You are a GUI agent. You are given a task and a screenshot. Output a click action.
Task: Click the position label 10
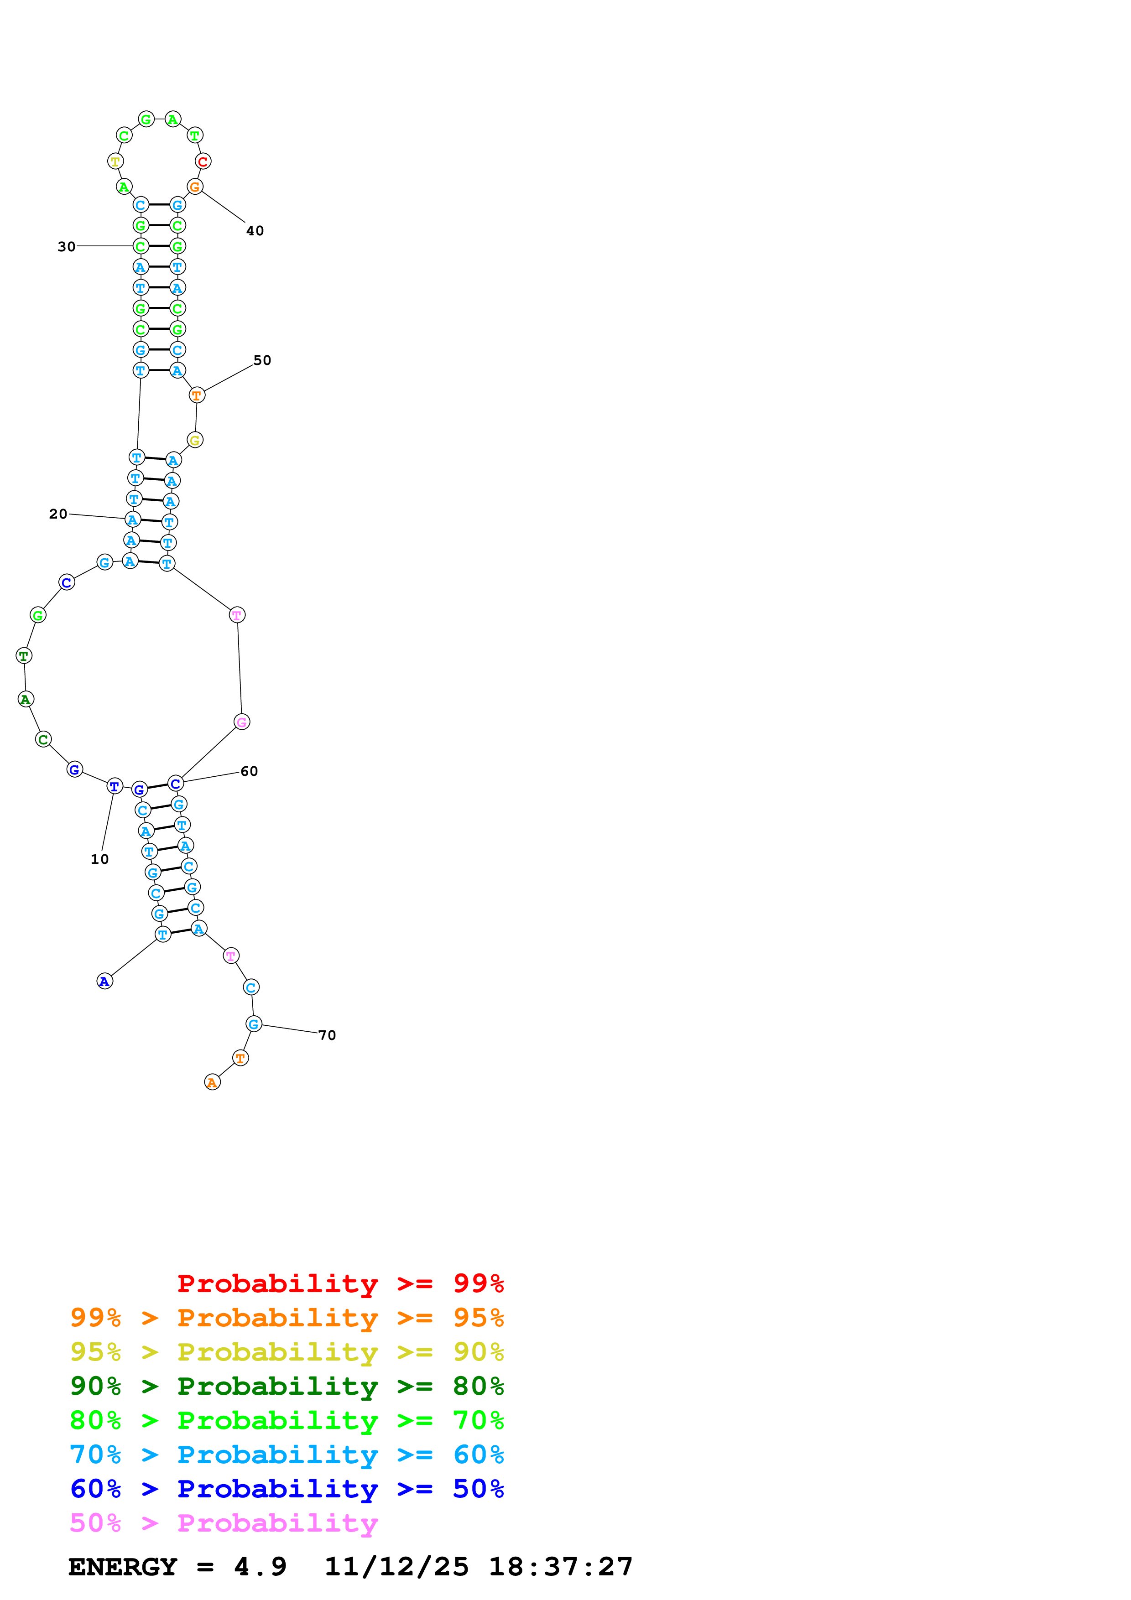click(x=99, y=859)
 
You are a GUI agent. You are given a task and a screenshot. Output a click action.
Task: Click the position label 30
click(x=66, y=247)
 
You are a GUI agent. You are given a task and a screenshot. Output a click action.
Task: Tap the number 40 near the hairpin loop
click(x=255, y=231)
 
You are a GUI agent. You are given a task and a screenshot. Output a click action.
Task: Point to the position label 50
click(x=262, y=360)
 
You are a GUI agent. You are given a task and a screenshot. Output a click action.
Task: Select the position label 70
click(x=327, y=1035)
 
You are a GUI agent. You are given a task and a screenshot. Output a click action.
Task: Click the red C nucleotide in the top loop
click(x=203, y=161)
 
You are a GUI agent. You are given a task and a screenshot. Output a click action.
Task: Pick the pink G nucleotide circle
click(x=242, y=722)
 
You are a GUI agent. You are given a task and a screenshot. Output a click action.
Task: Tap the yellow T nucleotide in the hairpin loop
click(x=115, y=161)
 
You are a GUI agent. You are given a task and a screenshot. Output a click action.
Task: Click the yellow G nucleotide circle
click(x=195, y=441)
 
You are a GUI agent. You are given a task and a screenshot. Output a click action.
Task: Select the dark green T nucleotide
click(x=24, y=656)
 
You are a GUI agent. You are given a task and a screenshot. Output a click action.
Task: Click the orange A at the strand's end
click(x=213, y=1082)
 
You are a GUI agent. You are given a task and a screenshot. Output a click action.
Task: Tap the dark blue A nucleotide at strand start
click(x=104, y=981)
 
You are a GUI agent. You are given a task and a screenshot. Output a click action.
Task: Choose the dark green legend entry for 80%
click(x=287, y=1386)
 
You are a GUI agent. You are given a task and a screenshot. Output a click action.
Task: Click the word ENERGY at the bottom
click(x=123, y=1567)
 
